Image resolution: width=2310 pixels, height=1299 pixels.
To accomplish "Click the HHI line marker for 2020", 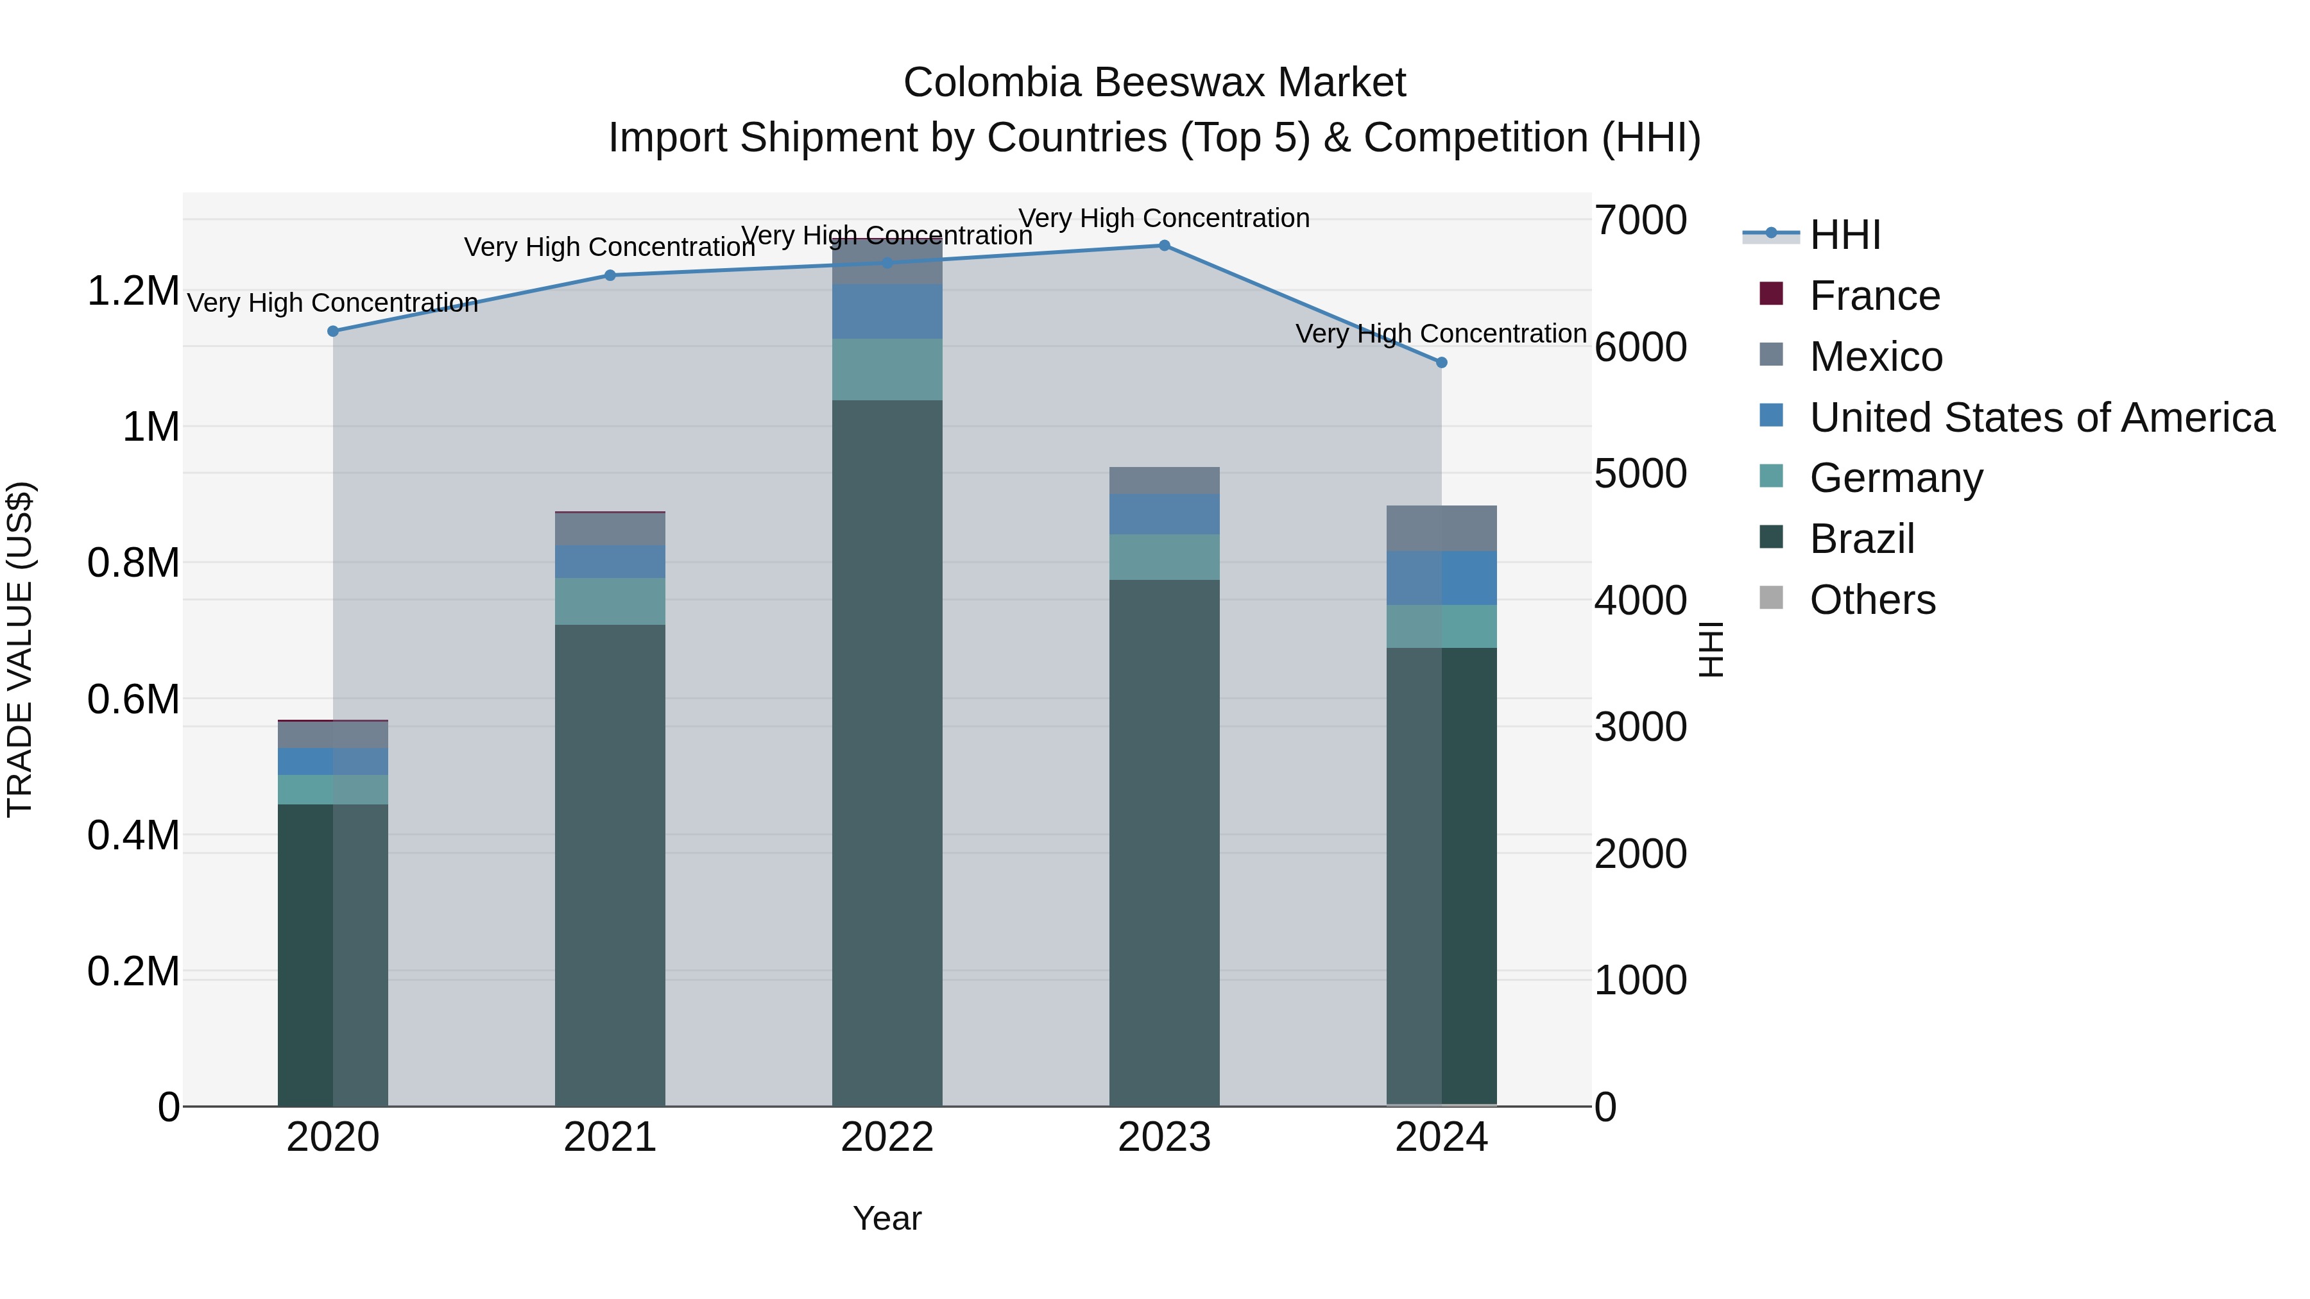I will pyautogui.click(x=332, y=331).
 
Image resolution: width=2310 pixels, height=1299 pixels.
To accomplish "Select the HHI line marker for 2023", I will pyautogui.click(x=1164, y=246).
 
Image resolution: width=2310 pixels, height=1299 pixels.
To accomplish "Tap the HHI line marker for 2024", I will pyautogui.click(x=1441, y=363).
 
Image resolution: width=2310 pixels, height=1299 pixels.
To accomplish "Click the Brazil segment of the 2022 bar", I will pyautogui.click(x=887, y=753).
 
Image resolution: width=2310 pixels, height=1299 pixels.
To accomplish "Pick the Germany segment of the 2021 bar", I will pyautogui.click(x=610, y=602).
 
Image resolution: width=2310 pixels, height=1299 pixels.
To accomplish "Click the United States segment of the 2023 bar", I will pyautogui.click(x=1164, y=514).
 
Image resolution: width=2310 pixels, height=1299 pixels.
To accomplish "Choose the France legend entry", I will pyautogui.click(x=1874, y=296).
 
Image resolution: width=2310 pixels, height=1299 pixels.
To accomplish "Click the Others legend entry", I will pyautogui.click(x=1872, y=600).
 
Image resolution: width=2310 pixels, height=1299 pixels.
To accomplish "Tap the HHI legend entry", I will pyautogui.click(x=1845, y=235).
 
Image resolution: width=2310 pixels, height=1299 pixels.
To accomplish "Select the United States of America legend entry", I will pyautogui.click(x=2041, y=418).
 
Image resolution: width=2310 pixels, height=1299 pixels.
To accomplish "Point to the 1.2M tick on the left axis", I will pyautogui.click(x=133, y=291).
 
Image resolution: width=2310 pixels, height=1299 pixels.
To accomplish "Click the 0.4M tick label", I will pyautogui.click(x=133, y=835).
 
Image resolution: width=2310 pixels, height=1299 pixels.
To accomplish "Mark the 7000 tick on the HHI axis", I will pyautogui.click(x=1640, y=221).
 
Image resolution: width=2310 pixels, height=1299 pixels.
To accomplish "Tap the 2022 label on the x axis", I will pyautogui.click(x=887, y=1137).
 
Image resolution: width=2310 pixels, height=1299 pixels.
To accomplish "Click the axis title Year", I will pyautogui.click(x=887, y=1218).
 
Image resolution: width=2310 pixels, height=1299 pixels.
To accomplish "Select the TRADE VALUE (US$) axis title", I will pyautogui.click(x=20, y=649).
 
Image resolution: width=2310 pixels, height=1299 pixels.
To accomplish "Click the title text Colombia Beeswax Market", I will pyautogui.click(x=1154, y=83).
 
